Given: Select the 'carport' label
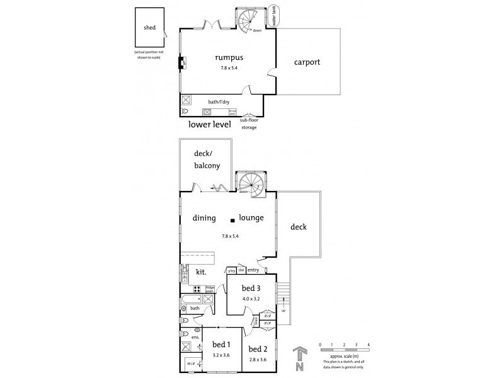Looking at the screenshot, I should click(x=307, y=62).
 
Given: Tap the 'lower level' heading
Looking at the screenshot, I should click(x=210, y=124).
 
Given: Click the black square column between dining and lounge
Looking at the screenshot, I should click(x=232, y=219).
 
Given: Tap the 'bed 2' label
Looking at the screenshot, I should click(x=258, y=348).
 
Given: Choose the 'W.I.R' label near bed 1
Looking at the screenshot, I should click(x=190, y=364).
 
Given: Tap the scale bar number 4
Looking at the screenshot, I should click(x=368, y=345).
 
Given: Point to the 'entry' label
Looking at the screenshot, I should click(x=253, y=270).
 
